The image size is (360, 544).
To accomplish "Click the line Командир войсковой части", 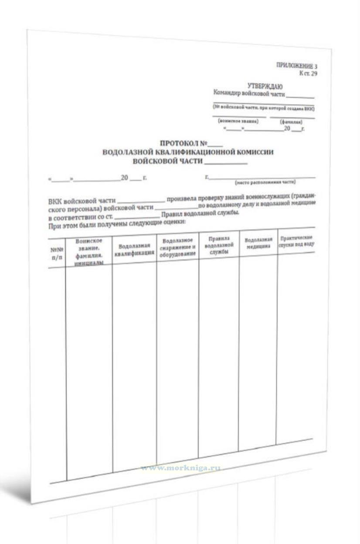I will pos(249,93).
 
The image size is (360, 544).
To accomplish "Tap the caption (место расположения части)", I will pos(265,182).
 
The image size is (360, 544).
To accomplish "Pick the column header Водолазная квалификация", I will pos(134,249).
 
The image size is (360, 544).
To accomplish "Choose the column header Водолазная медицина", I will pos(258,243).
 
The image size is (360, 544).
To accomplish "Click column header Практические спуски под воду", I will pos(296,242).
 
